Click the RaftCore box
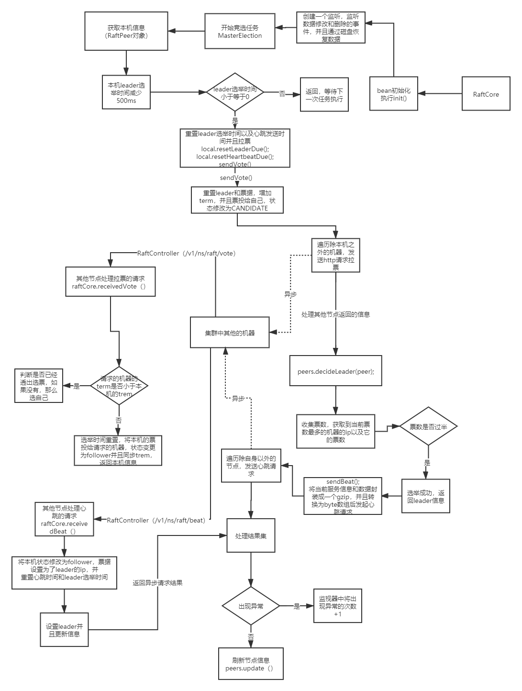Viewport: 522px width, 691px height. point(486,94)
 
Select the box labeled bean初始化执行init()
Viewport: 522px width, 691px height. point(394,94)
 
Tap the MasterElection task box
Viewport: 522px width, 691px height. point(240,32)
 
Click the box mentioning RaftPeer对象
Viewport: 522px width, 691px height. point(126,32)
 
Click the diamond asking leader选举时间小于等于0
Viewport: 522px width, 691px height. point(234,93)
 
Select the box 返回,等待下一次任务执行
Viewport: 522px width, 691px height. point(324,95)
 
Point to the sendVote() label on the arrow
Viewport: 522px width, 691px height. point(236,178)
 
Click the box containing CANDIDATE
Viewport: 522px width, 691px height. point(236,201)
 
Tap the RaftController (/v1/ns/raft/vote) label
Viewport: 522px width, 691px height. point(187,253)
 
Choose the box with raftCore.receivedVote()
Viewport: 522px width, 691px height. point(110,282)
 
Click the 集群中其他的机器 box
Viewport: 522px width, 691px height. point(230,333)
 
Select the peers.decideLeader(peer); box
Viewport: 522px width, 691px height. point(335,371)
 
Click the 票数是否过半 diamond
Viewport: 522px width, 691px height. point(428,426)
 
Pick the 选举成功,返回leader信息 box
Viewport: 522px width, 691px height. point(425,496)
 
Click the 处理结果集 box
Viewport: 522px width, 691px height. point(251,536)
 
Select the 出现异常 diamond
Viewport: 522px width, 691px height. point(251,606)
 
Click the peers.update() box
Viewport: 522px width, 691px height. point(251,664)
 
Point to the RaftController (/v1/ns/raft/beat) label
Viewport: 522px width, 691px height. point(155,520)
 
